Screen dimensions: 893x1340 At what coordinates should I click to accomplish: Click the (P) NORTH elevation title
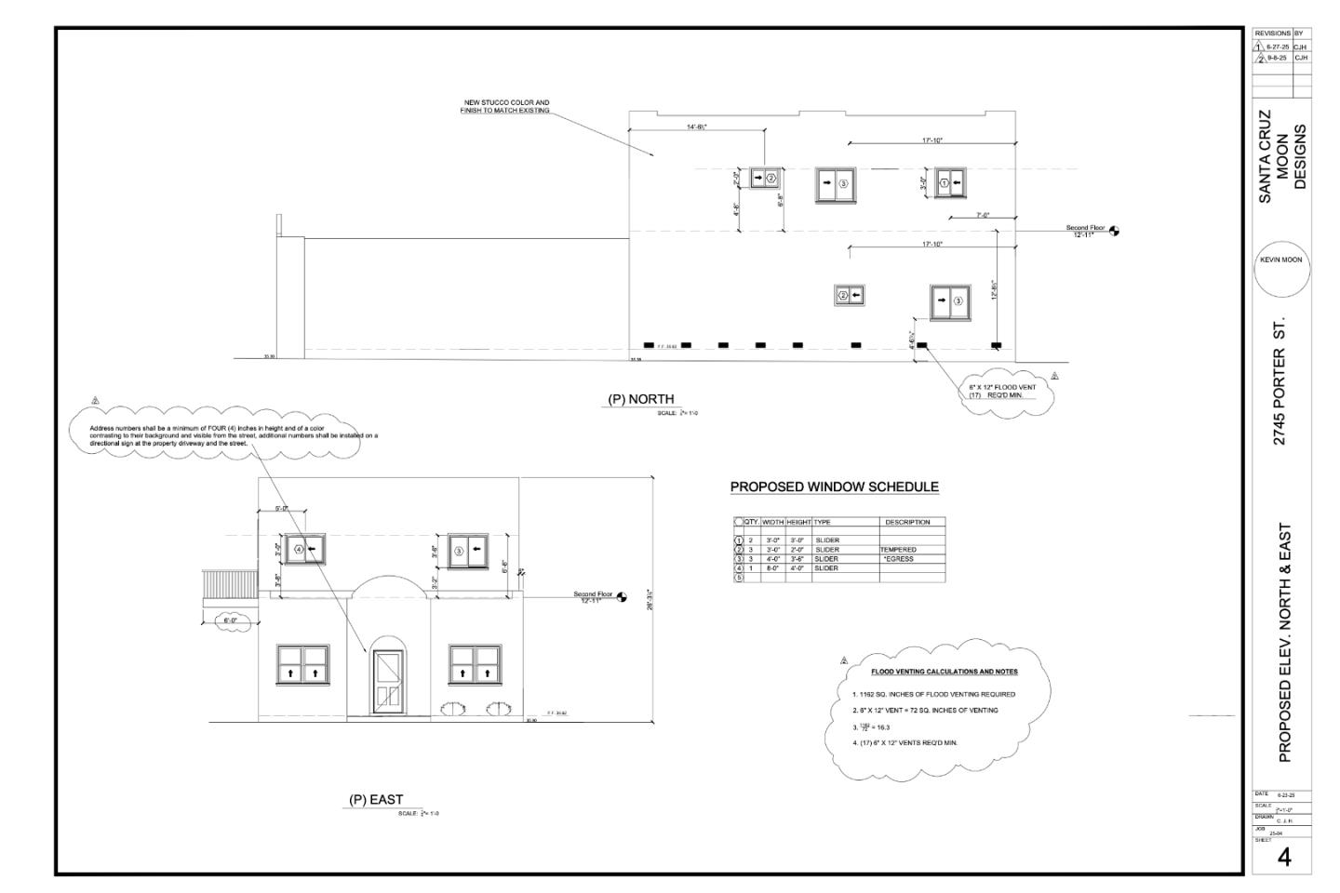(640, 399)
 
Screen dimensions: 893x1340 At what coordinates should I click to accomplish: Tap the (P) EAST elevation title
(375, 799)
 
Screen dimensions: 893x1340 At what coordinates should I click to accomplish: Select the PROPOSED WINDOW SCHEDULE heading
(834, 486)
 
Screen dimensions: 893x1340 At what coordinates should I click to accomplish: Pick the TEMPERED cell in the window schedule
(899, 550)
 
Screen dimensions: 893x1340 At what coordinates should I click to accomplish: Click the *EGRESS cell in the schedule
(899, 559)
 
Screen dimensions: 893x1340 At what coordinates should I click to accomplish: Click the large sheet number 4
(1284, 857)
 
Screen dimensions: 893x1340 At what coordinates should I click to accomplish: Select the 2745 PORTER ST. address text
(1280, 382)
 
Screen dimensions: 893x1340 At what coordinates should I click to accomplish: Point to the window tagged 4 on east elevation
(305, 550)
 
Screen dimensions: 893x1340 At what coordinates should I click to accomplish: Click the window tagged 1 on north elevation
(950, 183)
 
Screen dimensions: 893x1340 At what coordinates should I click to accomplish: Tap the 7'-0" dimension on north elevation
(983, 215)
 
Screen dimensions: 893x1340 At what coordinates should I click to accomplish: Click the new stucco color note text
(505, 106)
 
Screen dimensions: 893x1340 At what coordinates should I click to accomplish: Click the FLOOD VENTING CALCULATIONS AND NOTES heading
(944, 672)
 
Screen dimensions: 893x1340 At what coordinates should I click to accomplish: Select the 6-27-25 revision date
(1278, 46)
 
